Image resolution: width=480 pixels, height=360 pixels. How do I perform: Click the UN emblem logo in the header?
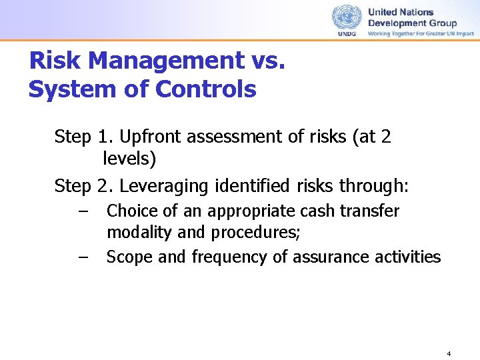pos(347,17)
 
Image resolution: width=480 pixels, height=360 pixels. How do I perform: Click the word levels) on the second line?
pos(129,160)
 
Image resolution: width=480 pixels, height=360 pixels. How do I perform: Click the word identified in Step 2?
pos(242,185)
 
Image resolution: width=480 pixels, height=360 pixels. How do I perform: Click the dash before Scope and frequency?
pos(82,257)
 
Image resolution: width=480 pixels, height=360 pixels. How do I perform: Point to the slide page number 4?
pos(449,353)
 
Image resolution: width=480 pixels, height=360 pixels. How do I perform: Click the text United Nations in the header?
pos(400,12)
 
